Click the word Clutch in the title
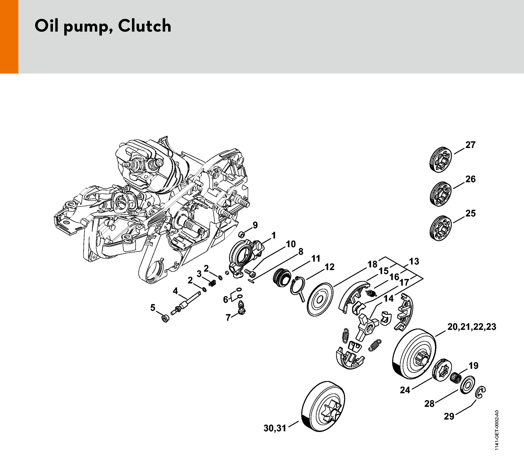click(144, 26)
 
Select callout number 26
click(470, 179)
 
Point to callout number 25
click(470, 213)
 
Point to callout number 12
click(329, 267)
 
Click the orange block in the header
click(9, 37)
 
